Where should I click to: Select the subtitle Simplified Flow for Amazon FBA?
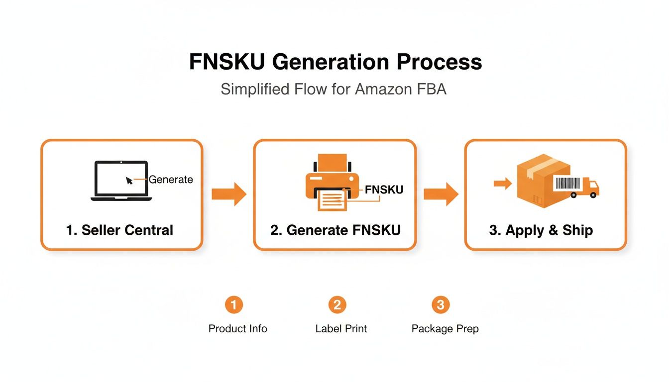click(334, 90)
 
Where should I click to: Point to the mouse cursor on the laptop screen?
click(129, 181)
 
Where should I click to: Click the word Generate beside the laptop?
click(171, 180)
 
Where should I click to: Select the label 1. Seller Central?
click(119, 230)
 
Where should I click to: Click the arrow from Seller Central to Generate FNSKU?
click(229, 194)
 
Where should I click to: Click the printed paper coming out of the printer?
click(332, 199)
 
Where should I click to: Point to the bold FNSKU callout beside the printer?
click(384, 190)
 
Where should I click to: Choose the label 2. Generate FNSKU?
click(335, 230)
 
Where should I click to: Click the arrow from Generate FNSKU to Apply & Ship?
click(441, 194)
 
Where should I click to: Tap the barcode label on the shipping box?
click(567, 184)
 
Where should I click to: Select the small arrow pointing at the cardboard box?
click(502, 184)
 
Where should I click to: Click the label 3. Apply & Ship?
click(541, 230)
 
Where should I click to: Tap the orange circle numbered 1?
click(234, 304)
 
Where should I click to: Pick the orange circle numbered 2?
click(337, 304)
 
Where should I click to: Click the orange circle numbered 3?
click(441, 304)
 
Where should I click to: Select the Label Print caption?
click(341, 329)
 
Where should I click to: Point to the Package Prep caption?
click(445, 329)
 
